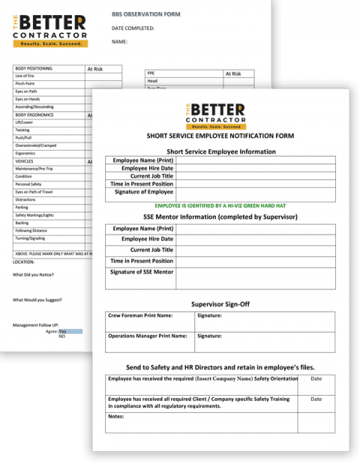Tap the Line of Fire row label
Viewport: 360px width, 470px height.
[x=25, y=76]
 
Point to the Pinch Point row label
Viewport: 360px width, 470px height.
[x=25, y=84]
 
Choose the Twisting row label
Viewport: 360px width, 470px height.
[x=22, y=131]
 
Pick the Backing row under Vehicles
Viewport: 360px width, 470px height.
[x=22, y=222]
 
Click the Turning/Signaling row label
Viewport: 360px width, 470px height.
[x=31, y=238]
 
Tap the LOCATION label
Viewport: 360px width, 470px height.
[x=24, y=262]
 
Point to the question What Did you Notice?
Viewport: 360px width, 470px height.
[x=34, y=275]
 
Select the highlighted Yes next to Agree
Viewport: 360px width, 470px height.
[x=63, y=330]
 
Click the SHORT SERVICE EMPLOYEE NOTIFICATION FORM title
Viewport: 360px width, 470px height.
[x=220, y=136]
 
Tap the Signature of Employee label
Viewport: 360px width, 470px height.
[x=142, y=192]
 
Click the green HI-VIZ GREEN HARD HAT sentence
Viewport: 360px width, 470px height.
[x=220, y=205]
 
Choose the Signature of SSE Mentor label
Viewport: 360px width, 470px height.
[x=142, y=271]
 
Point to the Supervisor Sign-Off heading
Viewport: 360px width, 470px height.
[x=220, y=304]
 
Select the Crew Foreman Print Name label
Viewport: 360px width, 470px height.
[x=140, y=316]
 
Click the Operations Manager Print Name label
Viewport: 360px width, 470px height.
[x=147, y=336]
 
